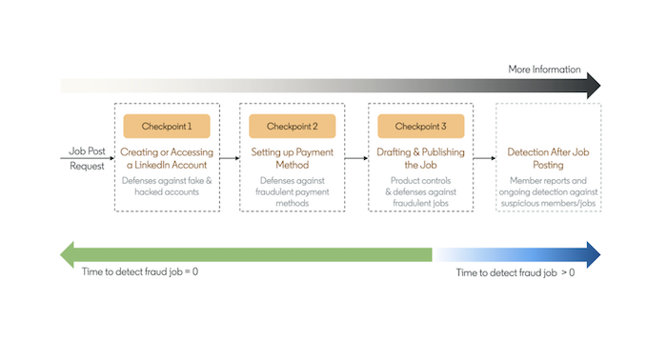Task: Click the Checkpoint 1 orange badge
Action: pos(166,127)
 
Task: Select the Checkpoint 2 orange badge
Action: pos(293,127)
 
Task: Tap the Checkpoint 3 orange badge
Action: pos(420,127)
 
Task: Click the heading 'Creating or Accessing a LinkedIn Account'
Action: pos(166,157)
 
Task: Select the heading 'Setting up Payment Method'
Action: pos(293,157)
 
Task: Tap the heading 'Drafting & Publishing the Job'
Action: pos(420,157)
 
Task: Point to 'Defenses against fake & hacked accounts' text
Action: pos(166,186)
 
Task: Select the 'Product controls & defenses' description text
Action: pos(420,191)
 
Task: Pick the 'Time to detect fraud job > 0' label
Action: pos(515,272)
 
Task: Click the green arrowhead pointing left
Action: pos(69,254)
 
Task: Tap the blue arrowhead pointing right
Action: pos(593,254)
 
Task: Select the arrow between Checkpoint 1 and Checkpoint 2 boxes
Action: pos(229,157)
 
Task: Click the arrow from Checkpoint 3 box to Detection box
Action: pos(484,157)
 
